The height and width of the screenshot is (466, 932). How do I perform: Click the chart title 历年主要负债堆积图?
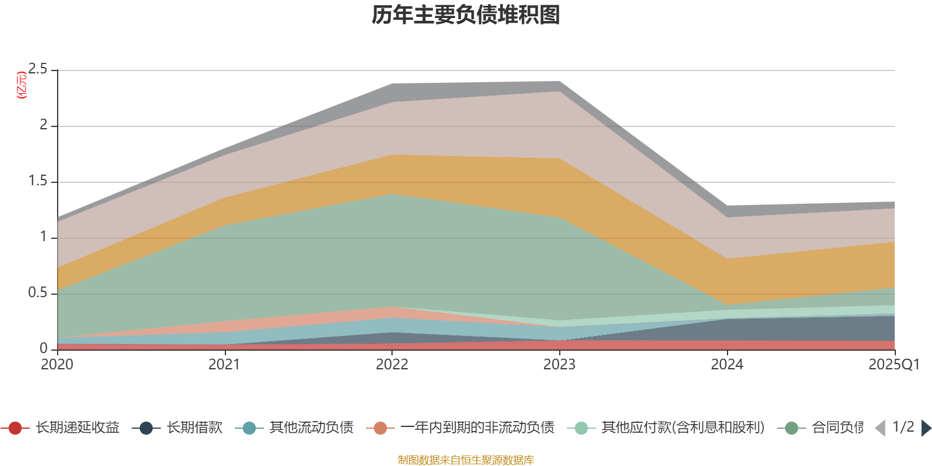(466, 15)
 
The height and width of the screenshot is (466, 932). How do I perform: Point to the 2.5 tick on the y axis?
(38, 69)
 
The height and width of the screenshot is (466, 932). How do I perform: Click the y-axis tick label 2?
(44, 125)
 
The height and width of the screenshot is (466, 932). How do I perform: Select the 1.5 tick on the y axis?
(38, 181)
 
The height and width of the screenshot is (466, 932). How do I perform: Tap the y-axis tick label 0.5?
(38, 293)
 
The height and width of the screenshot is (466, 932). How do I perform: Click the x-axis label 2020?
(57, 365)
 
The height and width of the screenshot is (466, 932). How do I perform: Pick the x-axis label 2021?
(224, 365)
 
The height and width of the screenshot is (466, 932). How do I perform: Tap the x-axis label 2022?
(392, 365)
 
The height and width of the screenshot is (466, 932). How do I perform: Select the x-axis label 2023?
(559, 365)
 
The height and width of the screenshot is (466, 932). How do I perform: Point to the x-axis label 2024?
(727, 365)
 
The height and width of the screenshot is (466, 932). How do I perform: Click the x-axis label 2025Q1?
(894, 365)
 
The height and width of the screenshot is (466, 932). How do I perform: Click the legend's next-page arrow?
(926, 428)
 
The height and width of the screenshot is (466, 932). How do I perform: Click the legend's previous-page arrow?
(880, 428)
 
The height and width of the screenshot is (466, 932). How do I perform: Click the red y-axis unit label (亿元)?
(22, 85)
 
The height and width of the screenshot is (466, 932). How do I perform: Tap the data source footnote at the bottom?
(466, 460)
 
